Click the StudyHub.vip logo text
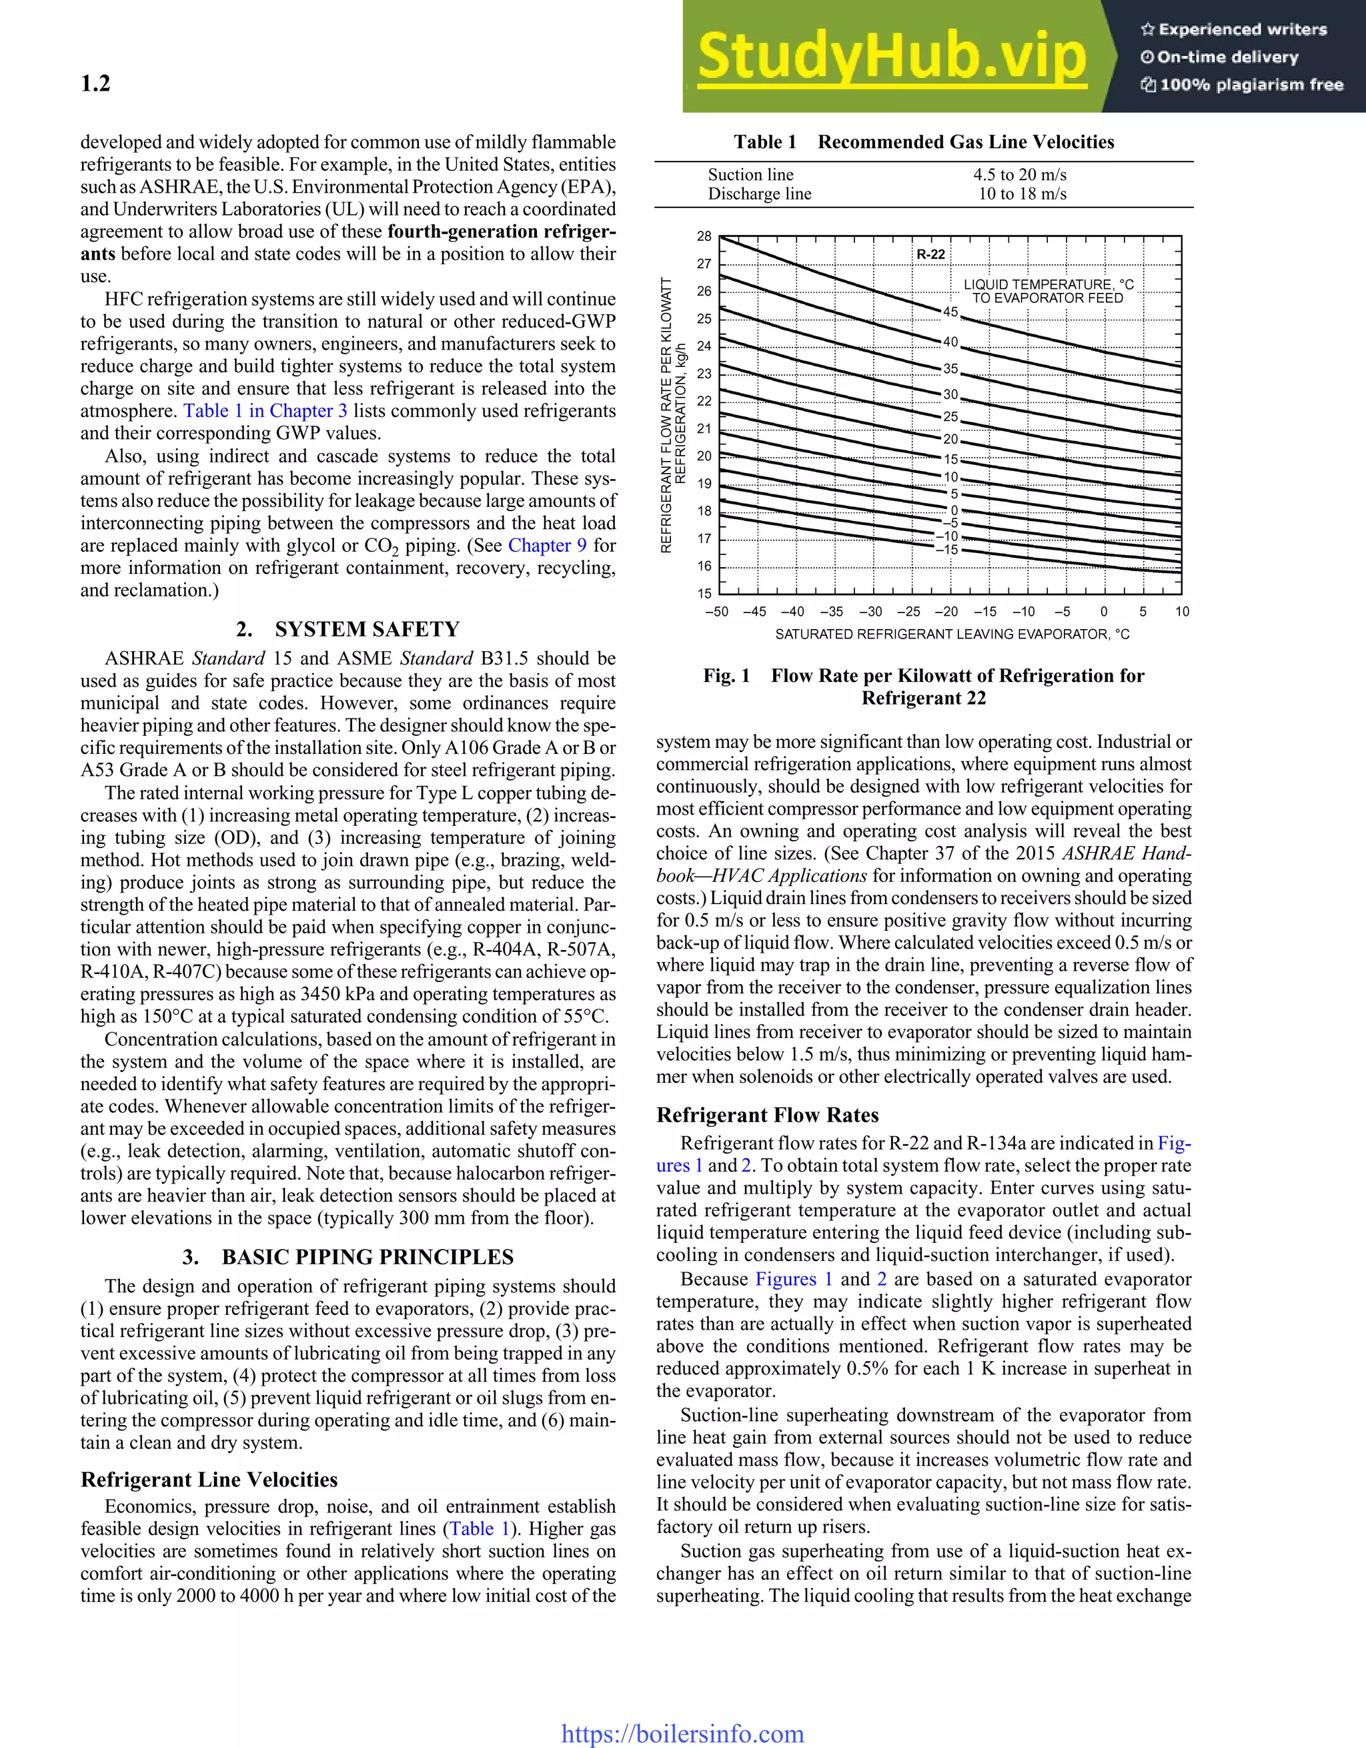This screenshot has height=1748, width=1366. (x=892, y=56)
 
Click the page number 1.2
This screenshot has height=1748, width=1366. (x=95, y=83)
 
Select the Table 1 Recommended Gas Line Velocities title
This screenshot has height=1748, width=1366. (x=924, y=143)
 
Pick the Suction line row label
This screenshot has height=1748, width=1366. (x=750, y=175)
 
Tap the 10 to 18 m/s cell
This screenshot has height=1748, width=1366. (x=1022, y=193)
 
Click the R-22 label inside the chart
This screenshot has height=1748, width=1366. (x=930, y=254)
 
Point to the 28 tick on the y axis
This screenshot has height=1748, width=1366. (x=704, y=236)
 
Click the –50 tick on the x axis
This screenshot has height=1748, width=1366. (x=716, y=612)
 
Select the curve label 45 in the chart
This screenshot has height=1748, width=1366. (x=950, y=312)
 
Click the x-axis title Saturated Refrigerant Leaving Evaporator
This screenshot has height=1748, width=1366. (x=952, y=634)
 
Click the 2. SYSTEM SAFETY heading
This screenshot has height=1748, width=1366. (x=348, y=629)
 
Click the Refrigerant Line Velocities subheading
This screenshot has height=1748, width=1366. (x=209, y=1479)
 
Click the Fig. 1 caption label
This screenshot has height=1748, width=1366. (x=726, y=675)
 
